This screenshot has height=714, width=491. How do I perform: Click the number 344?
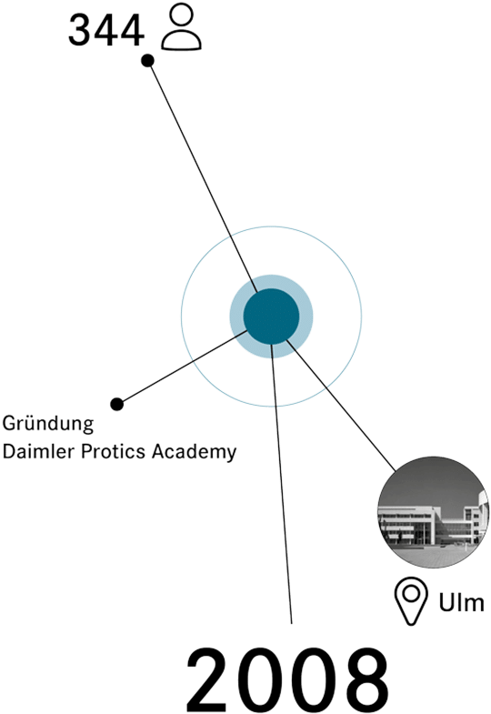(x=106, y=30)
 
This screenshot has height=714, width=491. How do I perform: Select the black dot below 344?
(x=147, y=61)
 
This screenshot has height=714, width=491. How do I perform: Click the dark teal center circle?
(x=271, y=317)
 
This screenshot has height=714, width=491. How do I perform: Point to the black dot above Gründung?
(x=117, y=404)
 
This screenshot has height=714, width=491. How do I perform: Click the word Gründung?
(x=48, y=424)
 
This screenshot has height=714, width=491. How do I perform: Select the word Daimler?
(x=39, y=451)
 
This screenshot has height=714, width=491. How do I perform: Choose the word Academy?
(x=195, y=452)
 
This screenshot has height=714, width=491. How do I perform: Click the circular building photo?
(x=434, y=512)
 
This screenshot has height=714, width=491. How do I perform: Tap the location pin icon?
(x=411, y=601)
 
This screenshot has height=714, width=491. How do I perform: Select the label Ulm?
(x=461, y=602)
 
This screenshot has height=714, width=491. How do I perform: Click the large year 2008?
(x=287, y=679)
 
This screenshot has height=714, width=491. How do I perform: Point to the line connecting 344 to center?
(x=203, y=176)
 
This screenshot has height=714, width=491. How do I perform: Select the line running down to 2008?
(x=281, y=484)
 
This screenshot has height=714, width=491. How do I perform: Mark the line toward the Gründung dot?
(x=183, y=367)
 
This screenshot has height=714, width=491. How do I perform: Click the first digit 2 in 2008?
(x=211, y=679)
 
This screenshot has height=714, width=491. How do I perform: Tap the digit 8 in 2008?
(x=364, y=679)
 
